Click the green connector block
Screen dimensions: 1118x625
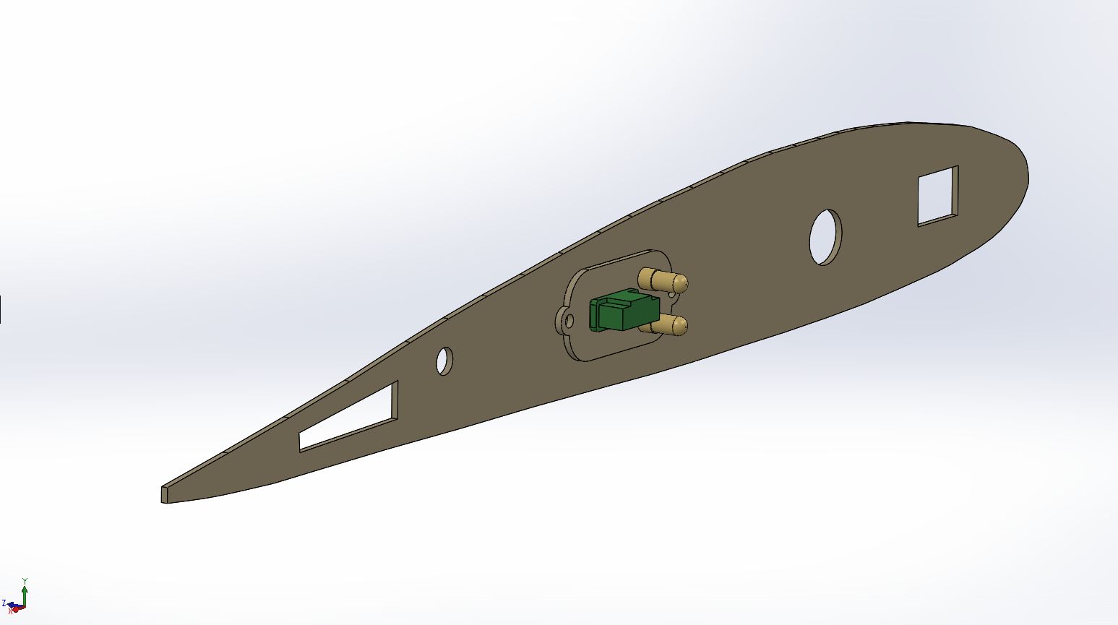tap(624, 309)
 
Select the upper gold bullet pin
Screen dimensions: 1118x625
tap(663, 280)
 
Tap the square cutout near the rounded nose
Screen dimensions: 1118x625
tap(938, 196)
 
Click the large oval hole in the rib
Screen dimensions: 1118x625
tap(825, 237)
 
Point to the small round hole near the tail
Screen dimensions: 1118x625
tap(444, 361)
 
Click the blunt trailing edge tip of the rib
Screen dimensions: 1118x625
tap(165, 494)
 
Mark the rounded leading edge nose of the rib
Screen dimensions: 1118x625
tap(1024, 172)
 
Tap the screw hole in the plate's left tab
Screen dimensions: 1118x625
tap(569, 322)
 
